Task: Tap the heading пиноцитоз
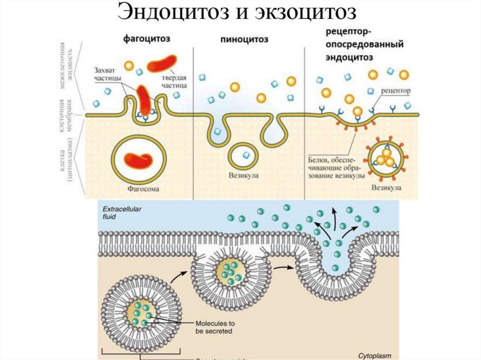click(244, 40)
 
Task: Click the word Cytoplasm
click(374, 355)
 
